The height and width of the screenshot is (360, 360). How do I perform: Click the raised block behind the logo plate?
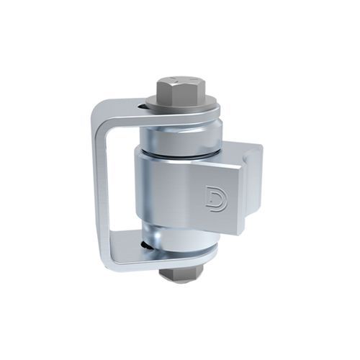pyautogui.click(x=252, y=162)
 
